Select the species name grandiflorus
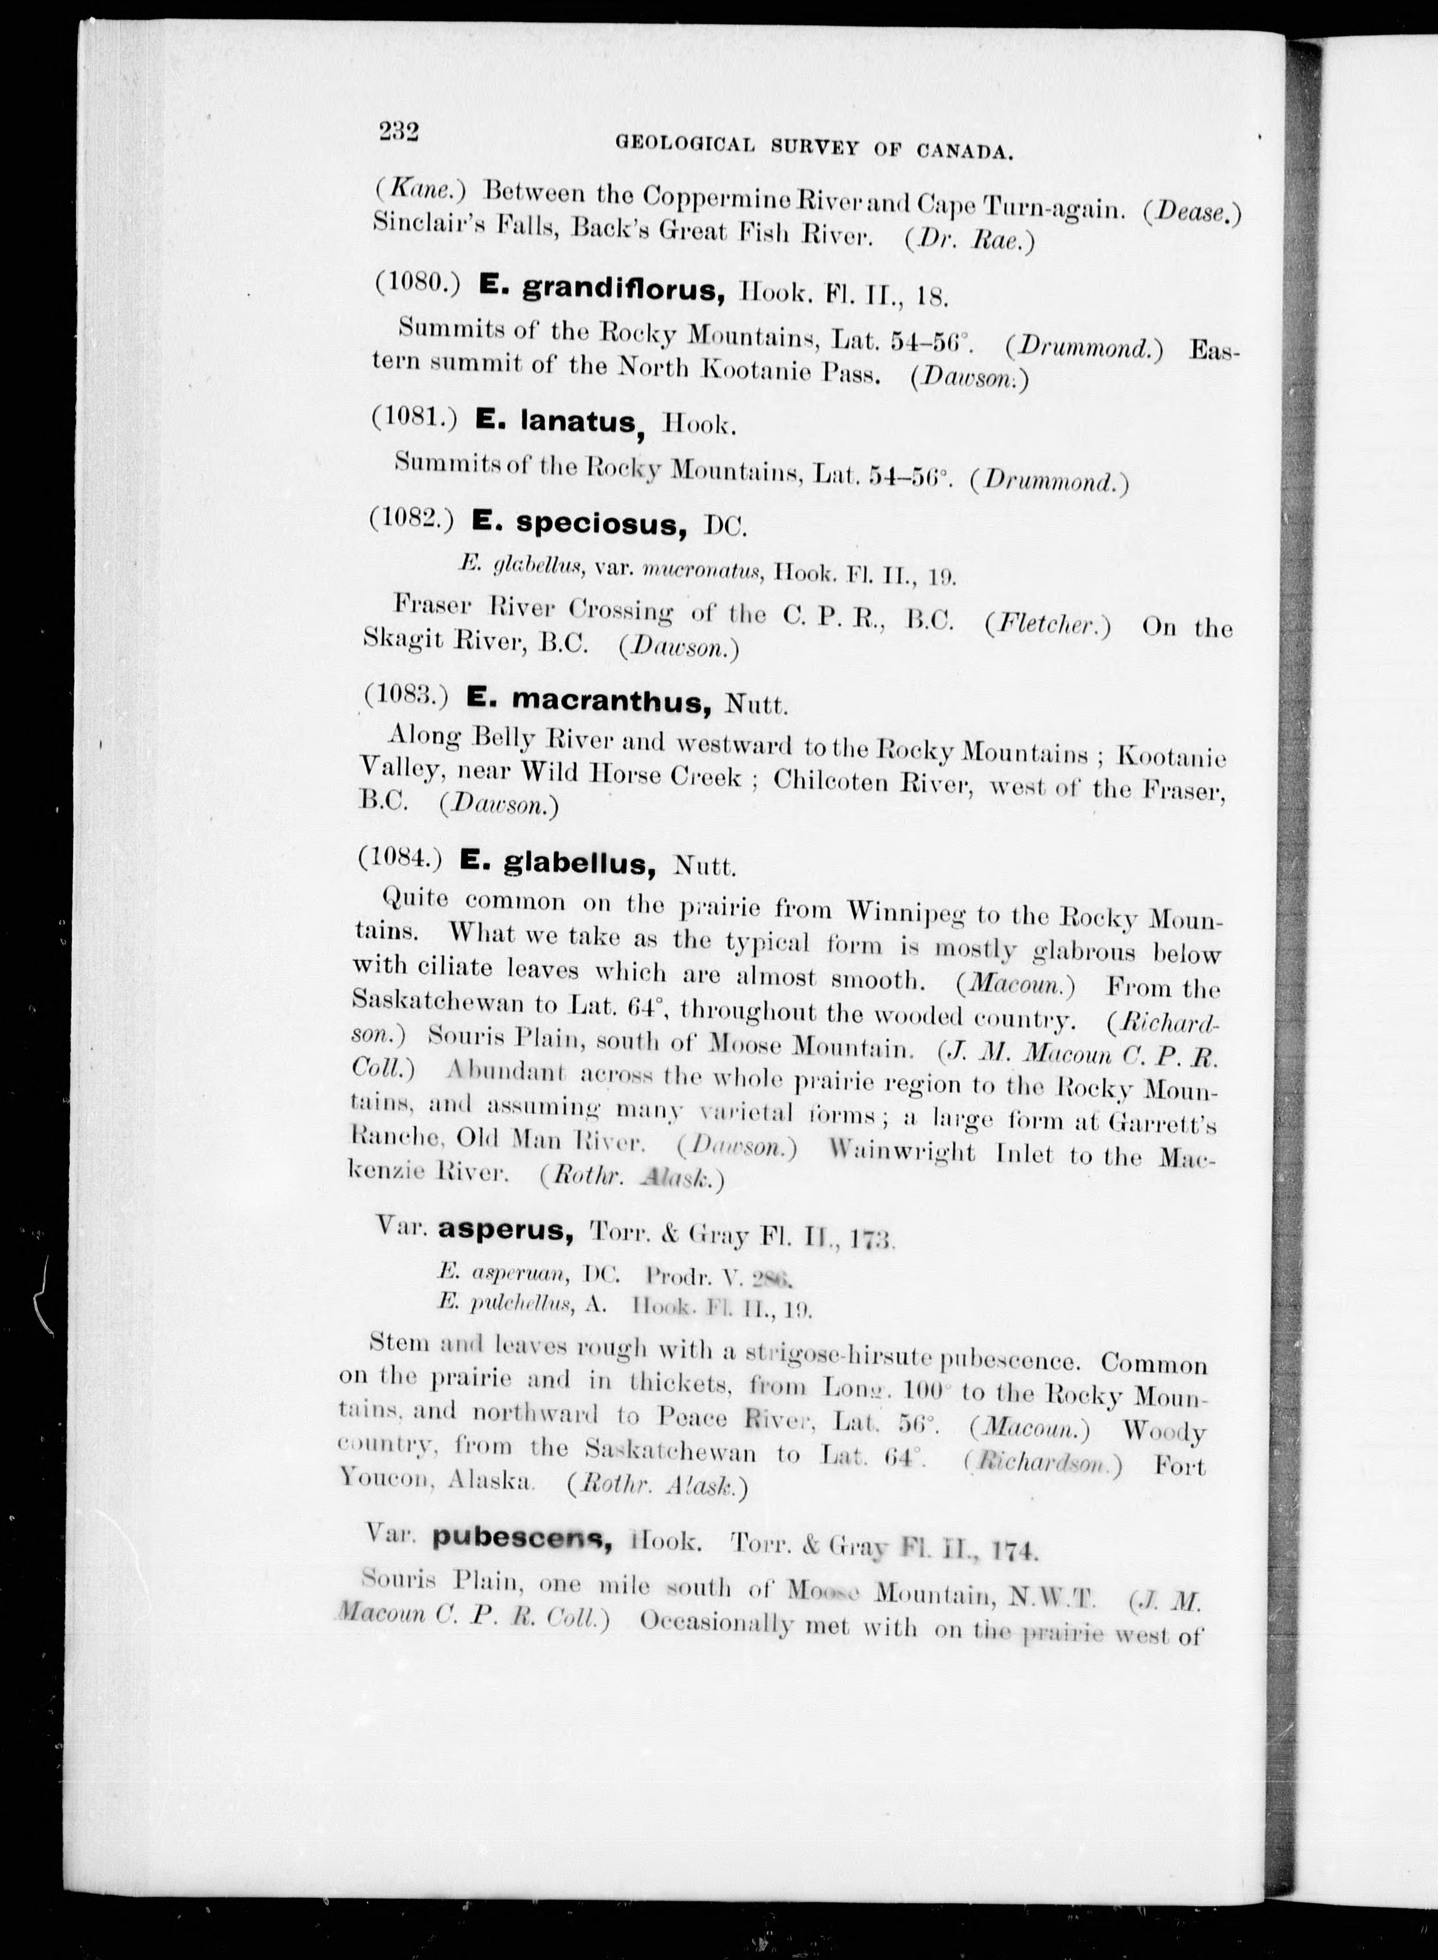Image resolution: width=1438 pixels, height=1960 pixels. click(x=623, y=291)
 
